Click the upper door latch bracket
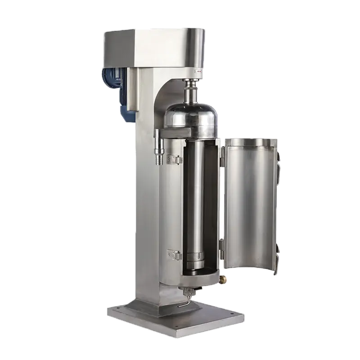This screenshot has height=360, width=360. point(171,158)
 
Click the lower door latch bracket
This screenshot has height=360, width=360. point(171,254)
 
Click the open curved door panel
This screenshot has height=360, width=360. point(250,202)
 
